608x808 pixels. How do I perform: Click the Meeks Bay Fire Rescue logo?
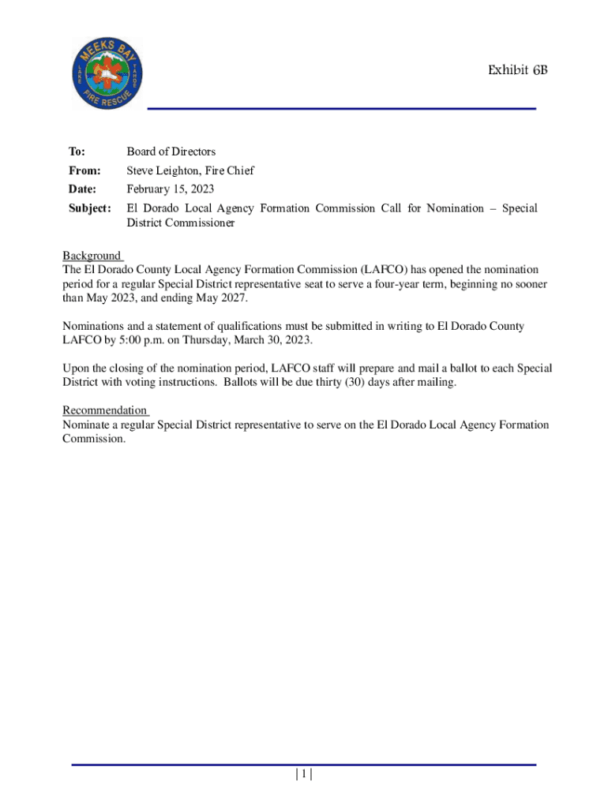pyautogui.click(x=107, y=74)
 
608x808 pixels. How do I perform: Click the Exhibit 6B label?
pyautogui.click(x=517, y=71)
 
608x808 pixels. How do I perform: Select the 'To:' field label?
pyautogui.click(x=77, y=151)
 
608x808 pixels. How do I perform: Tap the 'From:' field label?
pyautogui.click(x=82, y=170)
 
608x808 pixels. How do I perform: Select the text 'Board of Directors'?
pyautogui.click(x=171, y=151)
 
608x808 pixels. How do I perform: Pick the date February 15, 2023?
pyautogui.click(x=170, y=189)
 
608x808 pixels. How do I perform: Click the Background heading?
pyautogui.click(x=92, y=256)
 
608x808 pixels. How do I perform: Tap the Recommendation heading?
pyautogui.click(x=104, y=410)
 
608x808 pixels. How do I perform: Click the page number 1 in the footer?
pyautogui.click(x=304, y=775)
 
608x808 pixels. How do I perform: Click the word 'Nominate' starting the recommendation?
pyautogui.click(x=87, y=425)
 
